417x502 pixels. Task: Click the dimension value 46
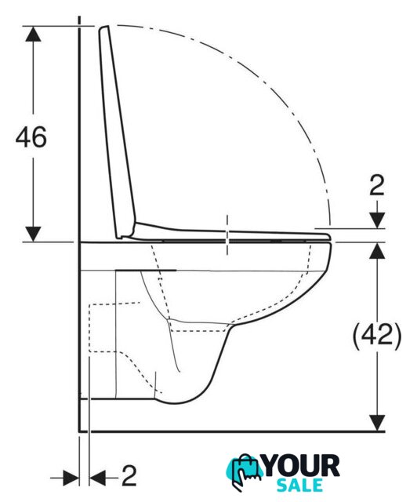click(x=31, y=137)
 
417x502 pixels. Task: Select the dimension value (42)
click(x=377, y=336)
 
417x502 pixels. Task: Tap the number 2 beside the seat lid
click(x=377, y=186)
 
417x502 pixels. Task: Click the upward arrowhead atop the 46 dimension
click(x=33, y=34)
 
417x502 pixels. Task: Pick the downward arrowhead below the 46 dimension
click(x=33, y=234)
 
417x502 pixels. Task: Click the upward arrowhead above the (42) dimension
click(x=377, y=250)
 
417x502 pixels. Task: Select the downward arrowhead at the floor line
click(x=377, y=423)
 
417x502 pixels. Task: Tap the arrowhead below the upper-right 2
click(x=377, y=220)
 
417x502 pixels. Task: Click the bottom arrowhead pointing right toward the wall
click(x=71, y=478)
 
